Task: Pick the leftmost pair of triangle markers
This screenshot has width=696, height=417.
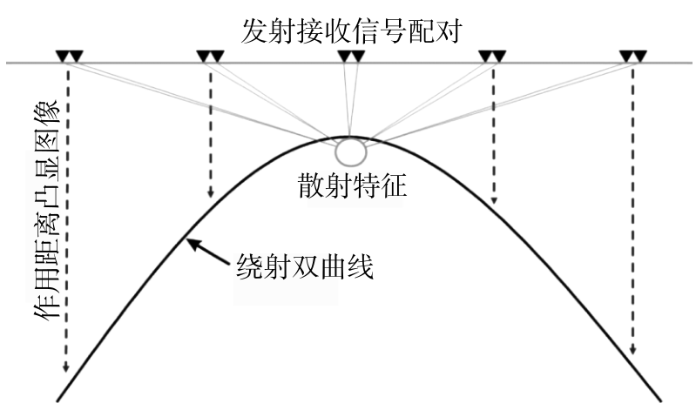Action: pos(69,57)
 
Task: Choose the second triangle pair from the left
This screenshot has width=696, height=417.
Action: pos(210,57)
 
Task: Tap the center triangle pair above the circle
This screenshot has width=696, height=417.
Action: pos(351,57)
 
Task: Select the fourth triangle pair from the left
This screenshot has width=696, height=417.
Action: pos(492,57)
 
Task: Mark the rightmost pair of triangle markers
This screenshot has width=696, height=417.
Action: pos(633,57)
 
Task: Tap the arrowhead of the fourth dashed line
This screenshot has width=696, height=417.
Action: pos(493,199)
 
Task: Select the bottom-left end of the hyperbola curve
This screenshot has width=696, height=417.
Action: pos(59,400)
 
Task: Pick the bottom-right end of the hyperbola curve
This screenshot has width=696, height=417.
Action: pos(658,400)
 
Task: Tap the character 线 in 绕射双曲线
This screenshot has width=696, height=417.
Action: pos(360,266)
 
